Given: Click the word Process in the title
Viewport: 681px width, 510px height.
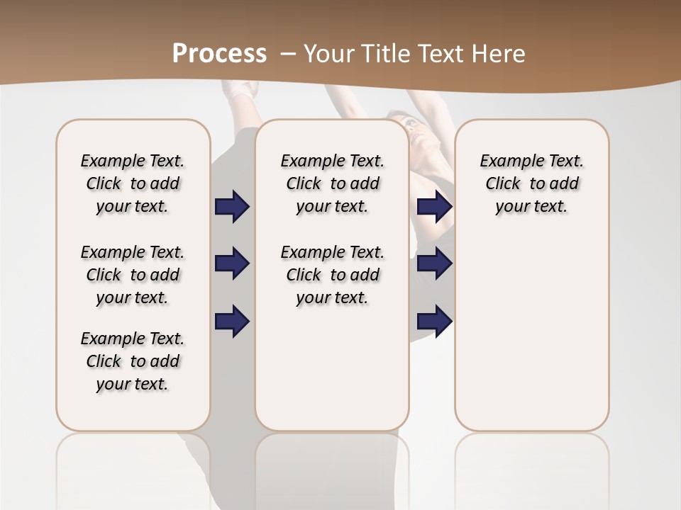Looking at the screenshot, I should [219, 53].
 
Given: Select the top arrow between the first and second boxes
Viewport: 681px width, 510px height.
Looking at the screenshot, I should [232, 207].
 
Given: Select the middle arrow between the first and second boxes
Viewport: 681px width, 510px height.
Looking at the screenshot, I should [232, 263].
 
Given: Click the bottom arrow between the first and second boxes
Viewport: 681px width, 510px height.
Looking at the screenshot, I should [232, 321].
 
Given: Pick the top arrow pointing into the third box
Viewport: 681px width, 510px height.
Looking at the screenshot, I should [434, 207].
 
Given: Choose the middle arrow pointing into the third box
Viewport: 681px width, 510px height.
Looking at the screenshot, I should [434, 263].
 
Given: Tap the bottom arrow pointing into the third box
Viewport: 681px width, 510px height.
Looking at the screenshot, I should [434, 321].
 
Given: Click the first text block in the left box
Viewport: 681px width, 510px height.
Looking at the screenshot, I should [133, 183].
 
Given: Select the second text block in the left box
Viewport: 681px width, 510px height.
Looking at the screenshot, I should [133, 275].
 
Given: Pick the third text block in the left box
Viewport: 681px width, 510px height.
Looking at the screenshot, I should [133, 361].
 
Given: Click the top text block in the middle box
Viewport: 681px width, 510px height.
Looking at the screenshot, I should [332, 183].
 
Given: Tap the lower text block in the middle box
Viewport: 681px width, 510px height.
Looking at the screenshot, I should [332, 275].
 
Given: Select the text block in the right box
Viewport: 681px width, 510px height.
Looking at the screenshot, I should [531, 183].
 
